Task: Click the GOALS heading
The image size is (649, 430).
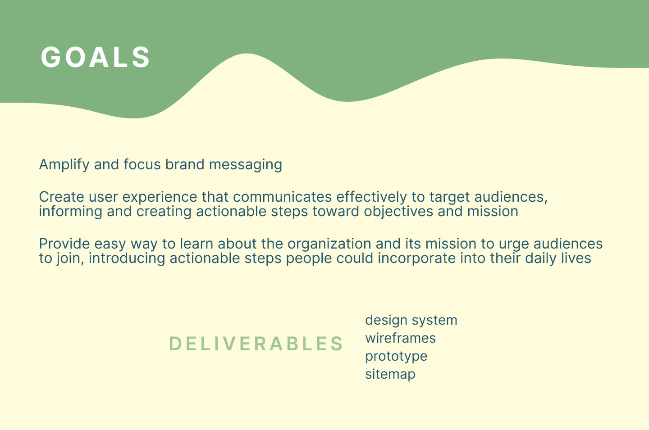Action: coord(96,57)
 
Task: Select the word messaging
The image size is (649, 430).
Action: coord(245,165)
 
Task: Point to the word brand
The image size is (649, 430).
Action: coord(185,164)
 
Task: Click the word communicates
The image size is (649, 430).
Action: coord(282,197)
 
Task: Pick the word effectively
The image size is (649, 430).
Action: coord(371,198)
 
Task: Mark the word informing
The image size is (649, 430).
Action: coord(71,212)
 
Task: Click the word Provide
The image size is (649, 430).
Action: coord(64,244)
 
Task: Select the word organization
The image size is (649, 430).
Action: coord(329,244)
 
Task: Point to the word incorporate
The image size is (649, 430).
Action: coord(431,259)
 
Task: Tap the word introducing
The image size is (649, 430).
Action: coord(127,259)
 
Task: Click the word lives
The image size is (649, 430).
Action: coord(576,258)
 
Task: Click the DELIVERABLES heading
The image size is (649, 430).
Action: coord(256,344)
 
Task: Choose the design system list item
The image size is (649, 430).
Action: coord(411,321)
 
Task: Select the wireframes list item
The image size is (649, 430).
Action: coord(400,338)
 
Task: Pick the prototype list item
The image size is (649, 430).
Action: coord(396,357)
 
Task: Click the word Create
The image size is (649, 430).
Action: coord(61,197)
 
